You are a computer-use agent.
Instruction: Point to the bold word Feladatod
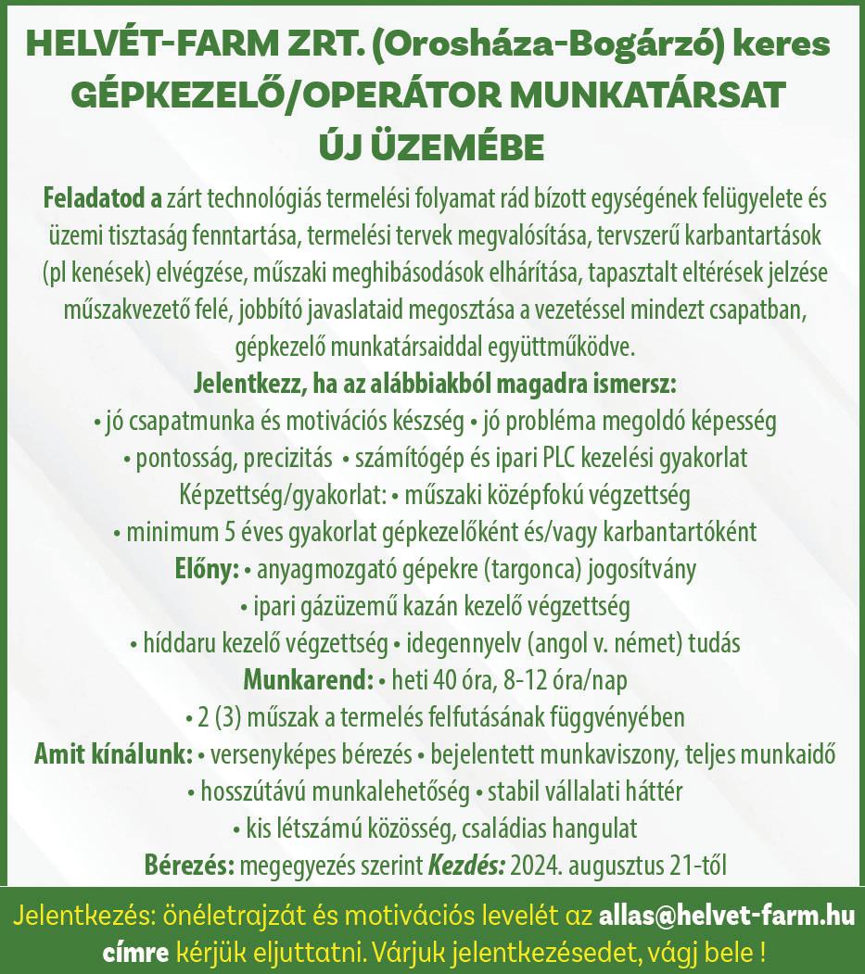coord(93,198)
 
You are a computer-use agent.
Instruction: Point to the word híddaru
coord(173,643)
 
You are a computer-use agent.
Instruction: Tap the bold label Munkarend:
coord(308,680)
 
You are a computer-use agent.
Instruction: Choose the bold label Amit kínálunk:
coord(113,754)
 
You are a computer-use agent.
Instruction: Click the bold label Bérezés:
coord(189,866)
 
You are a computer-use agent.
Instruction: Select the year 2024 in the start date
coord(538,866)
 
